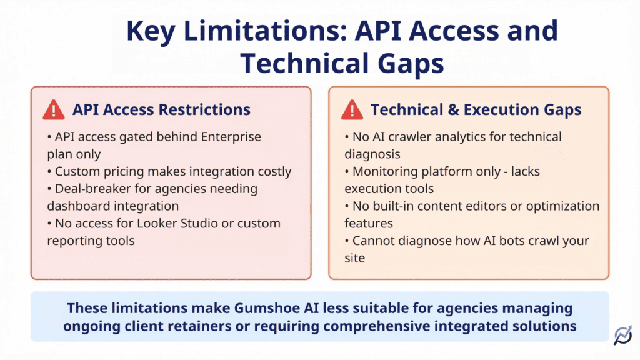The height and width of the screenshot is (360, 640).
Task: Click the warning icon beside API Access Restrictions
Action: click(x=54, y=110)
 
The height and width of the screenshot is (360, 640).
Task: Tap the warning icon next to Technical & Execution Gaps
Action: click(x=352, y=110)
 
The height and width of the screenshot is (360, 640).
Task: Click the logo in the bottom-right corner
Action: click(x=622, y=336)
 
